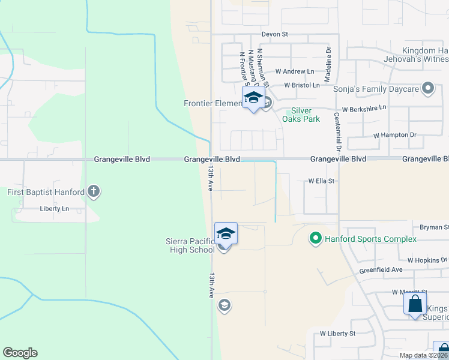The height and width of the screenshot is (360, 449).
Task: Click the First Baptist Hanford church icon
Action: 93,192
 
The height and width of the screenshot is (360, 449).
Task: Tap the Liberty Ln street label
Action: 55,209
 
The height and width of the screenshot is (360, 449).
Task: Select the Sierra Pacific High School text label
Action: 190,245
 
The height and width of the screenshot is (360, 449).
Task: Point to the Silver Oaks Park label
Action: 301,115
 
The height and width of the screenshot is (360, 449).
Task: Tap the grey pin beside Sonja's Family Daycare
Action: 428,89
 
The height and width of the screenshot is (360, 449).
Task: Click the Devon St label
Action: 274,35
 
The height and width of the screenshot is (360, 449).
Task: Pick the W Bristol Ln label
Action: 302,86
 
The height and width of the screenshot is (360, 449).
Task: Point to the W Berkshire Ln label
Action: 364,109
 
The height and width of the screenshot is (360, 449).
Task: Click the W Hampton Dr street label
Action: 394,135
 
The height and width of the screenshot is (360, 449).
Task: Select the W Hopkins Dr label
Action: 427,260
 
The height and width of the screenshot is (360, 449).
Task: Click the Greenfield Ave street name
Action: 381,270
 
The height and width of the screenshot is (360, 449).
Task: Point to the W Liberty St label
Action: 337,333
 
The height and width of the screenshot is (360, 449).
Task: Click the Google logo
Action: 20,353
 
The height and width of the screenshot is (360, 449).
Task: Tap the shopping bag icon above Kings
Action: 415,304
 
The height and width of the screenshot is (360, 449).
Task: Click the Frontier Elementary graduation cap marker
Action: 253,98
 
